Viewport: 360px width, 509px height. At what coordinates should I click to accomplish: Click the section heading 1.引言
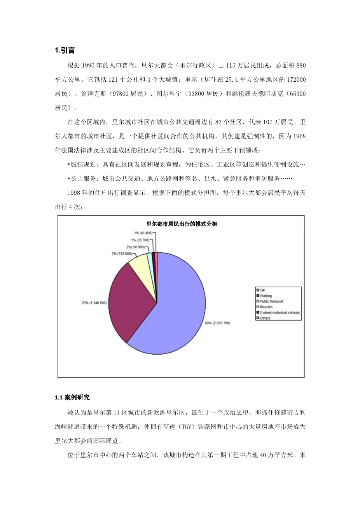[65, 50]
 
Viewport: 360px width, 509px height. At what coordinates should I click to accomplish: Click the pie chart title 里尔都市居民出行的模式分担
[182, 224]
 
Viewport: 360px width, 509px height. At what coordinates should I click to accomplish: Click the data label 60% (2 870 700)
[217, 323]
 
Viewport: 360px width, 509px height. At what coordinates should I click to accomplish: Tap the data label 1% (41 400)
[142, 233]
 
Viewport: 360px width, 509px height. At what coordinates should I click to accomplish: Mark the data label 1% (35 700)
[140, 240]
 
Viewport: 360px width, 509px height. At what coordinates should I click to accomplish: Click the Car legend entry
[262, 290]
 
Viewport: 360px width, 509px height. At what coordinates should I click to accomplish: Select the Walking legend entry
[266, 296]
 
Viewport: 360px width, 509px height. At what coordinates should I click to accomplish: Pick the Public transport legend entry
[271, 301]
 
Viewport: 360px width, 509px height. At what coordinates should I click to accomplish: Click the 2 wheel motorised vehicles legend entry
[280, 312]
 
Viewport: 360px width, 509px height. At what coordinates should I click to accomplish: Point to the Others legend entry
[265, 318]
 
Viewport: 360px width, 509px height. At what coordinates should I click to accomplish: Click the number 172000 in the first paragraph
[296, 80]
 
